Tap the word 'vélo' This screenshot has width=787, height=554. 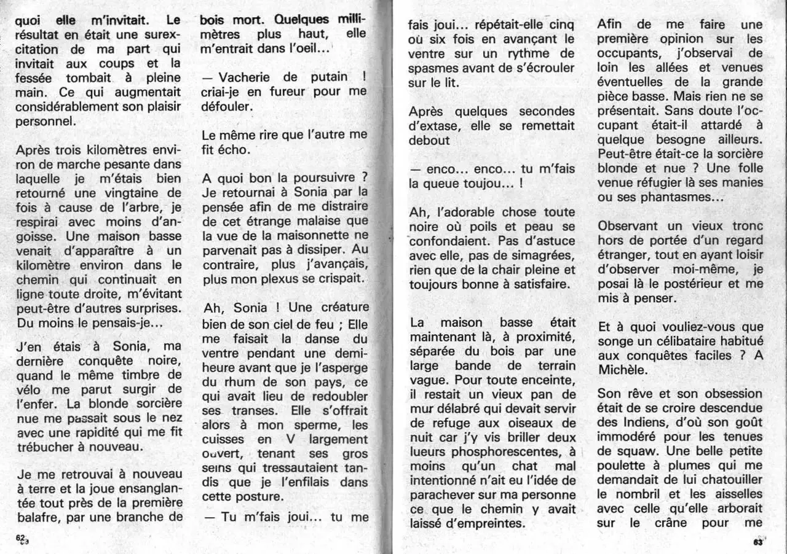(x=29, y=389)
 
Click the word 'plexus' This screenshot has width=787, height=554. (x=279, y=278)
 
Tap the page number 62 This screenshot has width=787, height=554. (x=22, y=536)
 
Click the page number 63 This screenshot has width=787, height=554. (x=757, y=541)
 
